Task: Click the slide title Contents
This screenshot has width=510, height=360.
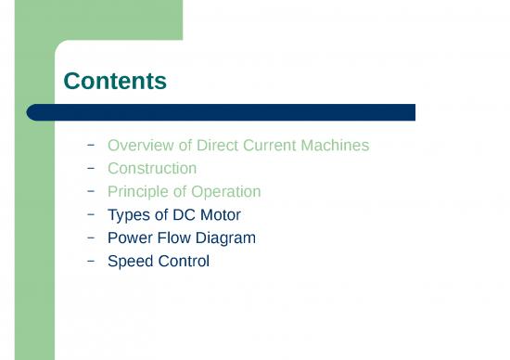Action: (115, 82)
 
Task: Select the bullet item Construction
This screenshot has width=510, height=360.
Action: (152, 169)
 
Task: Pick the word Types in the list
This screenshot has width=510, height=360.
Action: (129, 215)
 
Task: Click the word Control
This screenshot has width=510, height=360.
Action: (184, 262)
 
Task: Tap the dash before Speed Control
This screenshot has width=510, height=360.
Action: (90, 261)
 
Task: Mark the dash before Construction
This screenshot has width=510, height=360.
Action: (90, 168)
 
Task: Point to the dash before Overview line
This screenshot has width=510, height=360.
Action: (90, 145)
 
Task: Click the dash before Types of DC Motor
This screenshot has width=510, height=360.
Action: (90, 214)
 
